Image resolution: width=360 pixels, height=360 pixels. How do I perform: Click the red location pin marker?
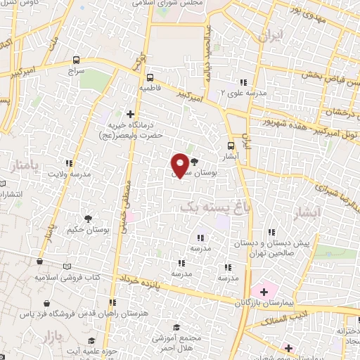pos(181,164)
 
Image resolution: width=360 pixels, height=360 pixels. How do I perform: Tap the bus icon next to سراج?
pos(75,60)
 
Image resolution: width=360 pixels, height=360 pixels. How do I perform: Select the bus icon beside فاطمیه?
pos(149,77)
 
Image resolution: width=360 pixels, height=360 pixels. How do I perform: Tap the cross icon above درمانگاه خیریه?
pos(130,113)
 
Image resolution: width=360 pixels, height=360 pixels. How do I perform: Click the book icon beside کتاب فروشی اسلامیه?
pos(67,267)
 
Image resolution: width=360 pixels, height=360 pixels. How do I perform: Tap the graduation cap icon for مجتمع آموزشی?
pos(176,328)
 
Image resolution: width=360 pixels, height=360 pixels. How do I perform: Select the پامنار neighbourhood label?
pos(25,167)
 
